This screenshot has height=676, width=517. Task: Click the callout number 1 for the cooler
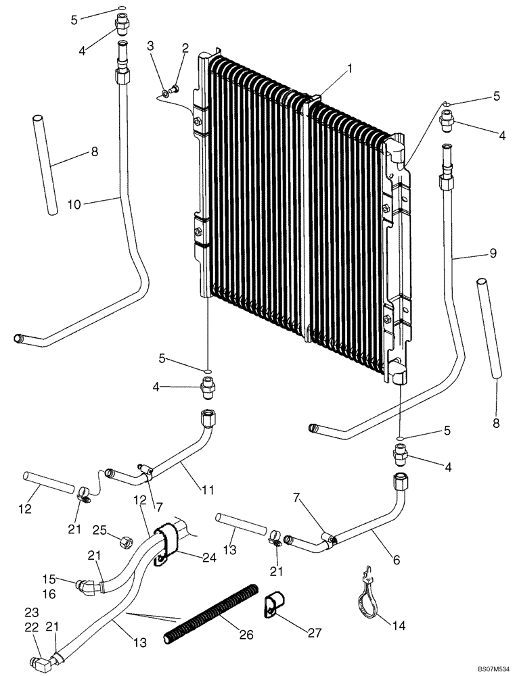pos(349,68)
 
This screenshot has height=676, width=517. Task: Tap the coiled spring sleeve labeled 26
pos(210,614)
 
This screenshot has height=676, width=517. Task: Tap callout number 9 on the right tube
pos(493,254)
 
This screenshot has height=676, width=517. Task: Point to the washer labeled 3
pos(165,93)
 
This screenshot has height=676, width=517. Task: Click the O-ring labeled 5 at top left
pos(120,9)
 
